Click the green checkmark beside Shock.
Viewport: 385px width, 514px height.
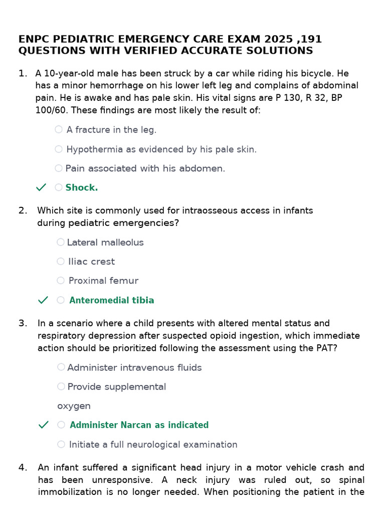click(x=41, y=187)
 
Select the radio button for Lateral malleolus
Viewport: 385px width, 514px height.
click(x=61, y=242)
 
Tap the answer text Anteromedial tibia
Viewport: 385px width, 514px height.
click(x=111, y=300)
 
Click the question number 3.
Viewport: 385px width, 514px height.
click(x=23, y=323)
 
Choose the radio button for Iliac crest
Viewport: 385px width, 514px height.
click(x=61, y=262)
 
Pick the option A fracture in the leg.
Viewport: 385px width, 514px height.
click(x=111, y=130)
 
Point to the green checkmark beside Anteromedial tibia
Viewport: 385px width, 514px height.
click(x=43, y=300)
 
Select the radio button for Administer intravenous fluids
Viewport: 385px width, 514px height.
click(x=61, y=367)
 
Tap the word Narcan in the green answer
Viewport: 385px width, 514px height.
click(x=135, y=425)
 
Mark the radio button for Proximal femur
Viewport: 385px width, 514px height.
click(x=61, y=281)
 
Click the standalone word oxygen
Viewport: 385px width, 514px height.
click(x=74, y=406)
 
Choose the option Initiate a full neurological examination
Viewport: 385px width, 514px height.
click(x=153, y=444)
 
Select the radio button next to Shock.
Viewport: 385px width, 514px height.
click(x=59, y=187)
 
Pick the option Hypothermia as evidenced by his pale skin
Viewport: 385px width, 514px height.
click(x=161, y=149)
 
